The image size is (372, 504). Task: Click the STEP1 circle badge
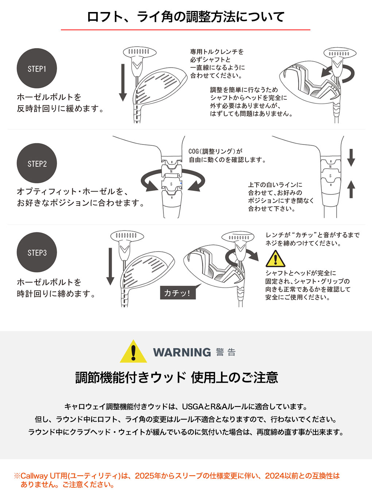coord(37,68)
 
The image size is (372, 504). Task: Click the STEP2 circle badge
coord(37,164)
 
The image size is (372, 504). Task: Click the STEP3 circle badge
coord(37,252)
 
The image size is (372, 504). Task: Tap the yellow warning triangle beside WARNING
coord(133,352)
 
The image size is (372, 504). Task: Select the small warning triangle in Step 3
coord(275,259)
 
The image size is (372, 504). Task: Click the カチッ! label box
coord(178,293)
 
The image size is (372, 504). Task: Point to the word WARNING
coord(182,352)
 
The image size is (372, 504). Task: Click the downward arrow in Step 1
coord(123,82)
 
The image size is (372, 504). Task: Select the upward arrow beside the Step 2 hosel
coord(351,189)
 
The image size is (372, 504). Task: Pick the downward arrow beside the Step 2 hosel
coord(351,157)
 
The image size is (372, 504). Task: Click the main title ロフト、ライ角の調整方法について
coord(186,17)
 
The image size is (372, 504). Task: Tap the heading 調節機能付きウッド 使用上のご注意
coord(177,377)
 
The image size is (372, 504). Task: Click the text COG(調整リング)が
coord(215,151)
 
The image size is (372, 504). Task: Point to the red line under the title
coord(186,30)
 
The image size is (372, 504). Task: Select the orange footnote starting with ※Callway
coord(177,480)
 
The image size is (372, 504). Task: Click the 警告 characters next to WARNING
coord(226,352)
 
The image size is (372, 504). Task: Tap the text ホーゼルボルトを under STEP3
coord(49,282)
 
